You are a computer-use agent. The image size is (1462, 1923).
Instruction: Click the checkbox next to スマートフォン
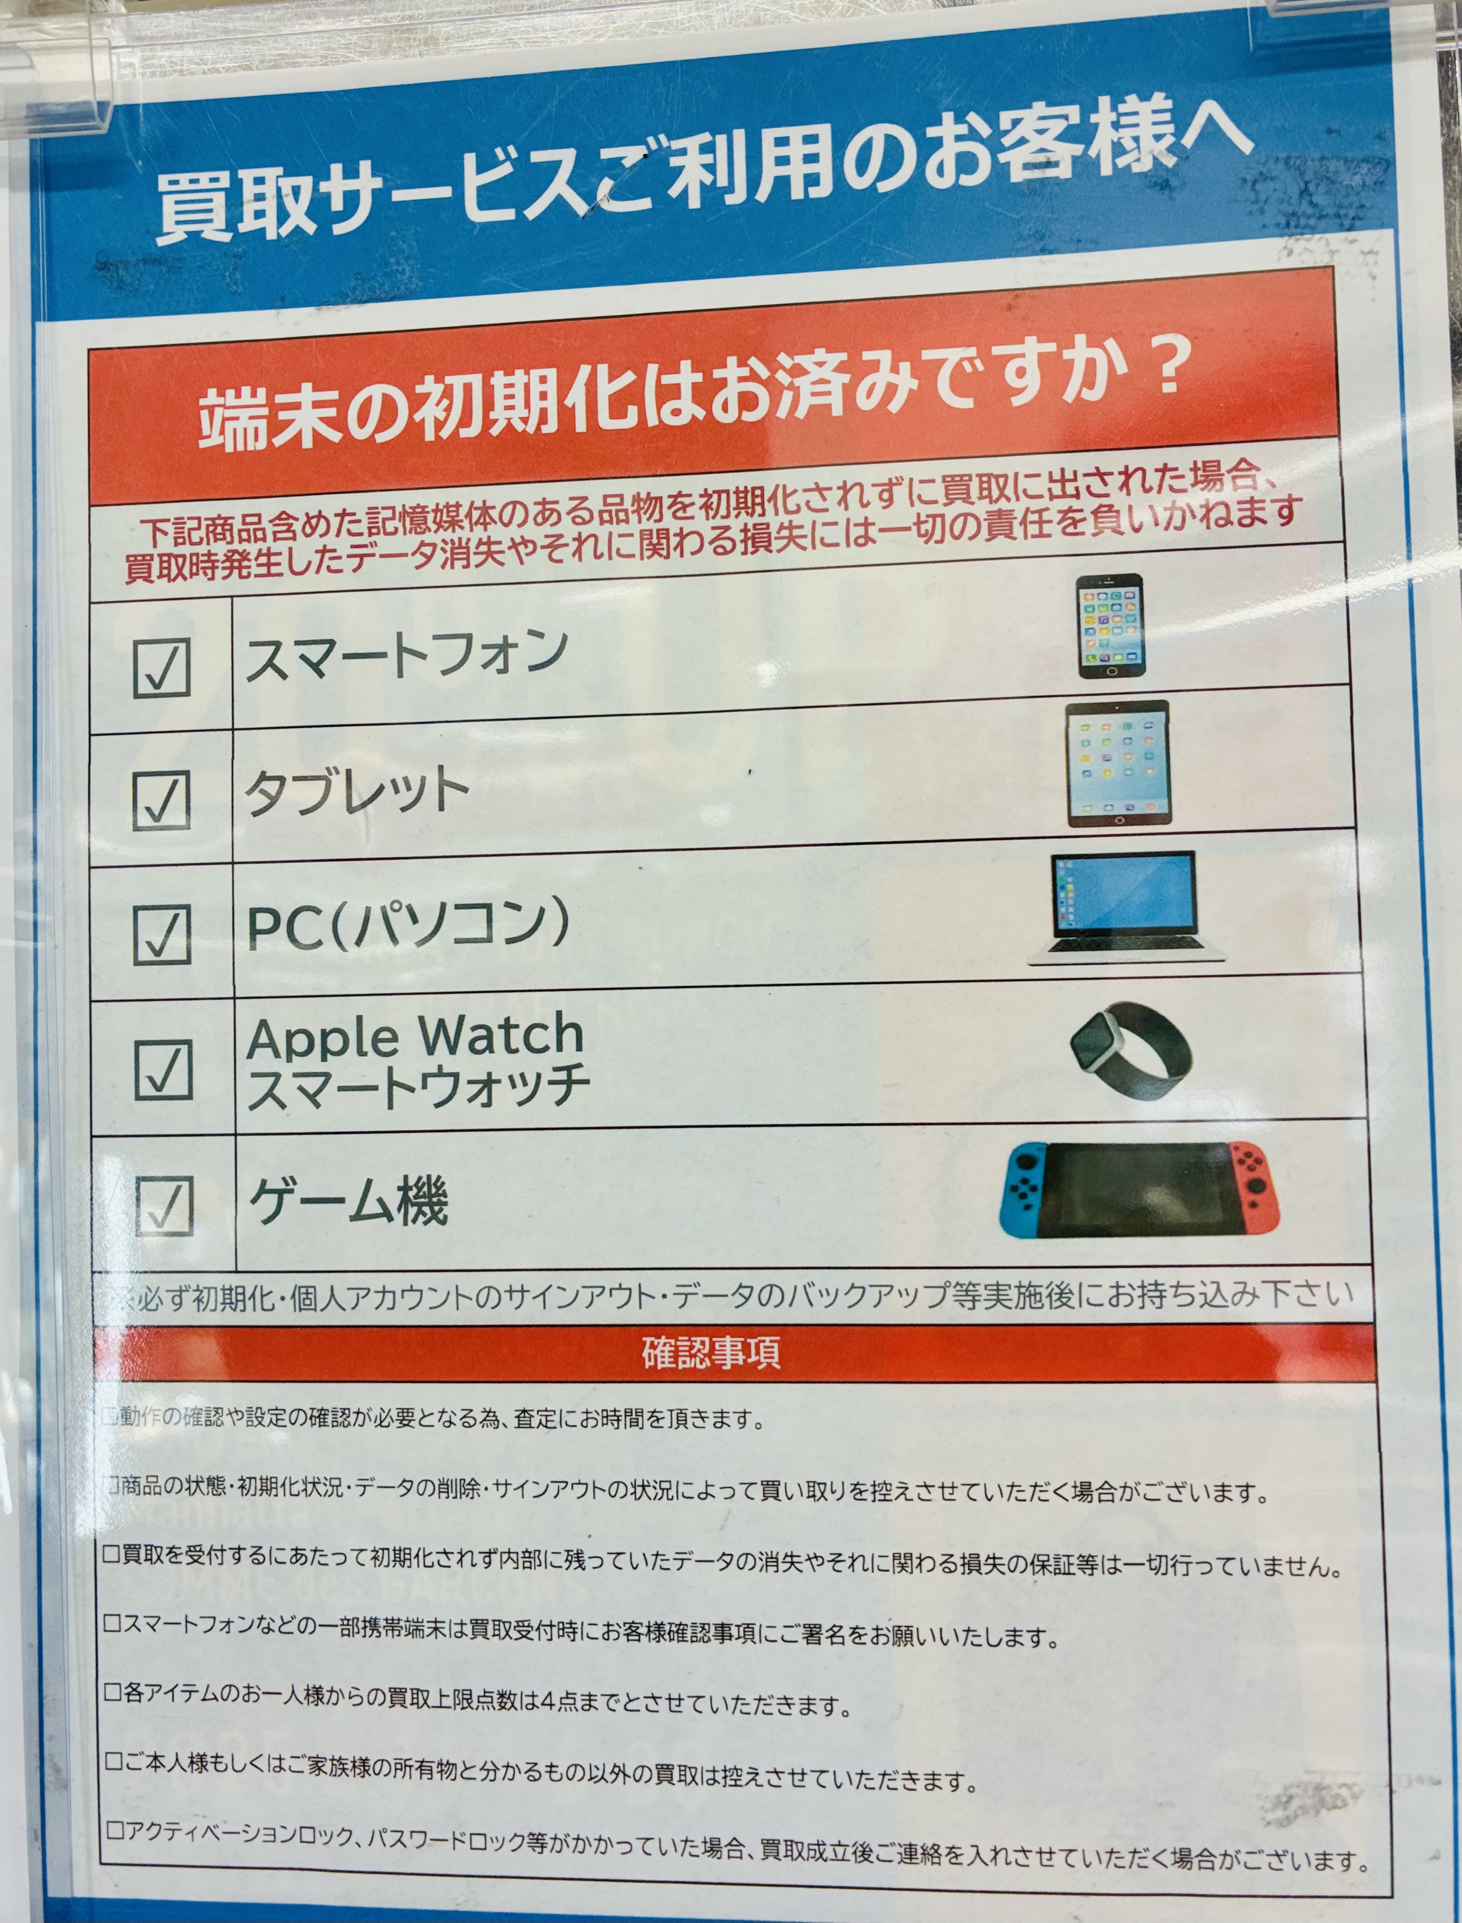pos(162,667)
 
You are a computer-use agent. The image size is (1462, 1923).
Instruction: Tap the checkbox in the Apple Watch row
pos(164,1069)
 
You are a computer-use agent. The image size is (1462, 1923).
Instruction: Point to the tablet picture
pos(1118,764)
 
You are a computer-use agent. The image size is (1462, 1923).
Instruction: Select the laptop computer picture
pos(1125,907)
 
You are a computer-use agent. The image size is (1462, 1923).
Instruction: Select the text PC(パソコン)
pos(409,925)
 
